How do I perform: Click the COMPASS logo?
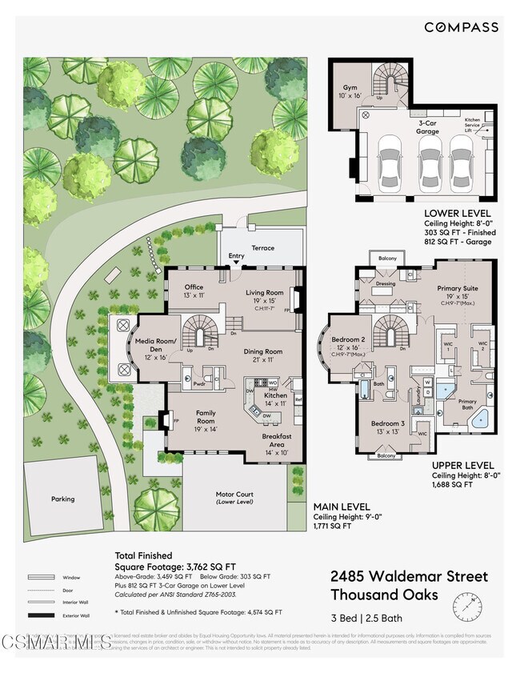pos(461,27)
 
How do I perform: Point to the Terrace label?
pos(262,248)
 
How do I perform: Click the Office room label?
pos(194,287)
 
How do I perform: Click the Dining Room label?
pos(263,351)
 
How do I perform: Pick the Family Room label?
pos(206,417)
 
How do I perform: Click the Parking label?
pos(62,499)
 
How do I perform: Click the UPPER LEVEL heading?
pos(462,464)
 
